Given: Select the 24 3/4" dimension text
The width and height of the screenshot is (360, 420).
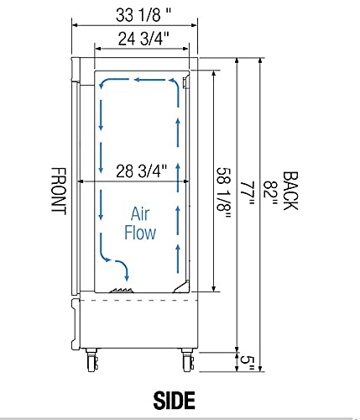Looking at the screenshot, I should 140,37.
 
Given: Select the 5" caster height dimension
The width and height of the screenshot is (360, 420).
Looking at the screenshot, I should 245,361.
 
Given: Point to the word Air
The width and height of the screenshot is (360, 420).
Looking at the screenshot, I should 140,214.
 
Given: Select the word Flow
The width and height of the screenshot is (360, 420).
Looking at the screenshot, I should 140,233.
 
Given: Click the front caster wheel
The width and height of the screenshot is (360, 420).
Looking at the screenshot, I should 91,362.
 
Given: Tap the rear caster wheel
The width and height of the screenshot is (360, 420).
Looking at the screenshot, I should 185,362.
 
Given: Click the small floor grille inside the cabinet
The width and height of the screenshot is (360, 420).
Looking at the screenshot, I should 124,289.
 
